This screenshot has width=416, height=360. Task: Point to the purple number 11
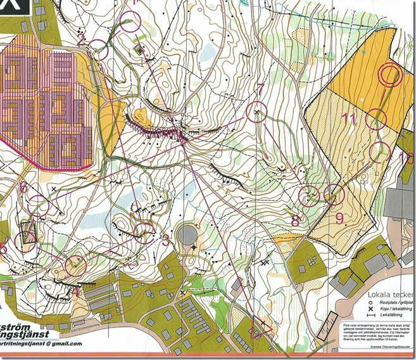348,118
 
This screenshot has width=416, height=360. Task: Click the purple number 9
339,219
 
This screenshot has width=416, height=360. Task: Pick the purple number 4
75,291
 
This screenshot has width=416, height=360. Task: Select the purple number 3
166,241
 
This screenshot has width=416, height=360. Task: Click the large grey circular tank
187,236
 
